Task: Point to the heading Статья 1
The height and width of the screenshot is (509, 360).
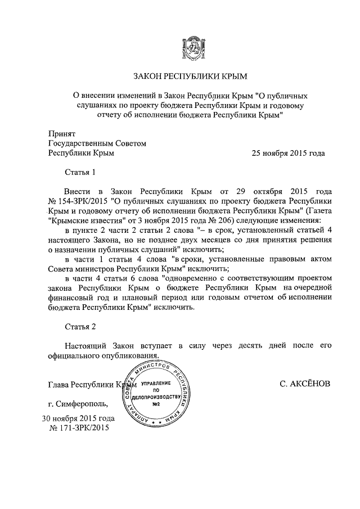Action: tap(80, 172)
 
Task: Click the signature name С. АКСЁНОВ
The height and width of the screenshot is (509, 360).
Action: tap(304, 384)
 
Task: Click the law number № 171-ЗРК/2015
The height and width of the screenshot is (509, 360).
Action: tap(79, 428)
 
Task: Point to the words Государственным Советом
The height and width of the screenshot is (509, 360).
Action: tap(97, 143)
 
